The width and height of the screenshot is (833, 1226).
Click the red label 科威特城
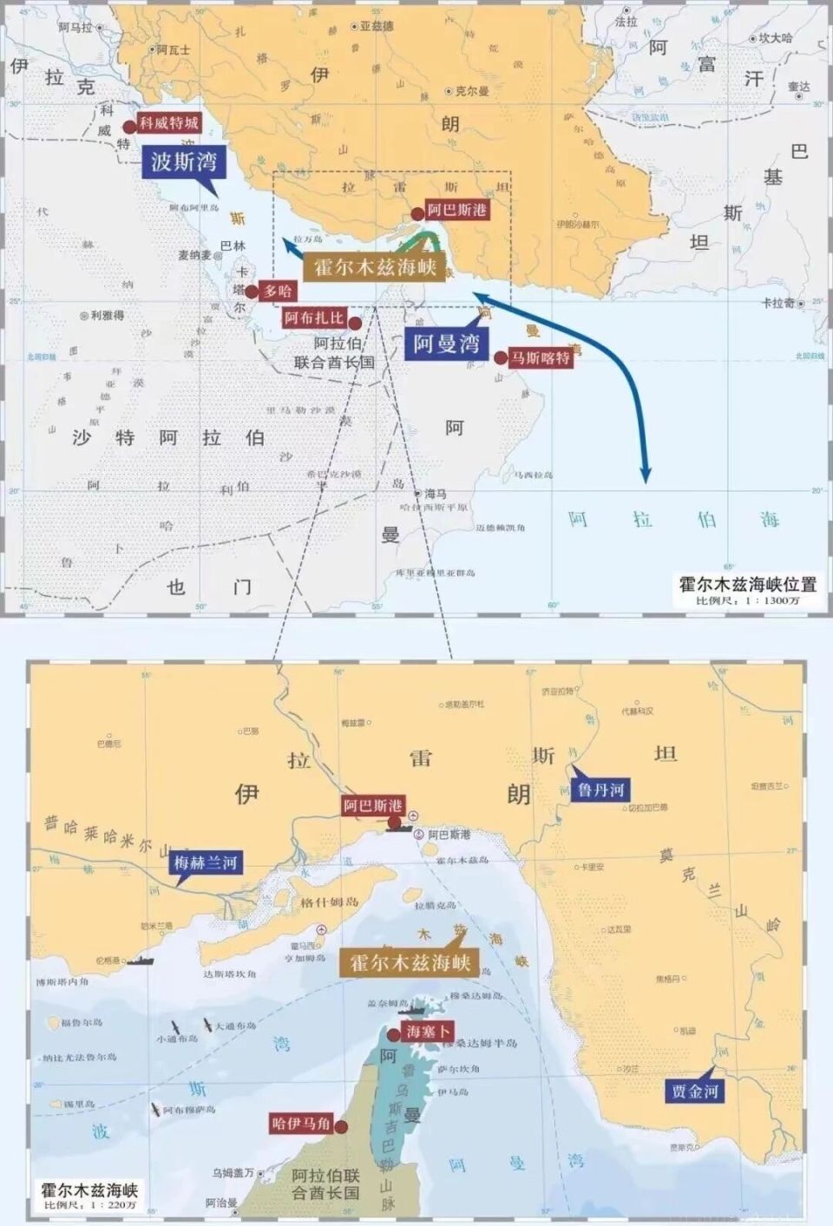point(169,123)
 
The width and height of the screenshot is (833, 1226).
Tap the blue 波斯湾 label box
point(183,161)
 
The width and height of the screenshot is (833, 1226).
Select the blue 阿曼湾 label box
point(446,344)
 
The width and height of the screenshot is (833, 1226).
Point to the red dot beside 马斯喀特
point(501,357)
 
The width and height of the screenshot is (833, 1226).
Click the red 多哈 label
point(278,292)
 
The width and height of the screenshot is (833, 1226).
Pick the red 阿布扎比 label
point(314,318)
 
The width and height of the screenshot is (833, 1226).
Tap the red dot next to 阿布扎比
point(355,324)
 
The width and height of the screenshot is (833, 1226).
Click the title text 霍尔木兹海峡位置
point(747,584)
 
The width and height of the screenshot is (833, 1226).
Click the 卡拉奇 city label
point(778,303)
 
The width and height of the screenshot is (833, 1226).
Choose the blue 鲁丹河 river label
point(600,790)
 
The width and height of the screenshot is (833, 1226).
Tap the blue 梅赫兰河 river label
point(206,863)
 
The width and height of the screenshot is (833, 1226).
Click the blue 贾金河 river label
point(695,1092)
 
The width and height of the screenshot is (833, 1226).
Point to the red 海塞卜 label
point(428,1032)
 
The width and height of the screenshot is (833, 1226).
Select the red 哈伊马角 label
point(301,1124)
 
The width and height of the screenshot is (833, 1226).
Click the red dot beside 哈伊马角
point(341,1127)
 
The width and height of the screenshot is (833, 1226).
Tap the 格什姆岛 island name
point(330,902)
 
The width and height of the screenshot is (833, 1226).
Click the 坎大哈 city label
point(776,38)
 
